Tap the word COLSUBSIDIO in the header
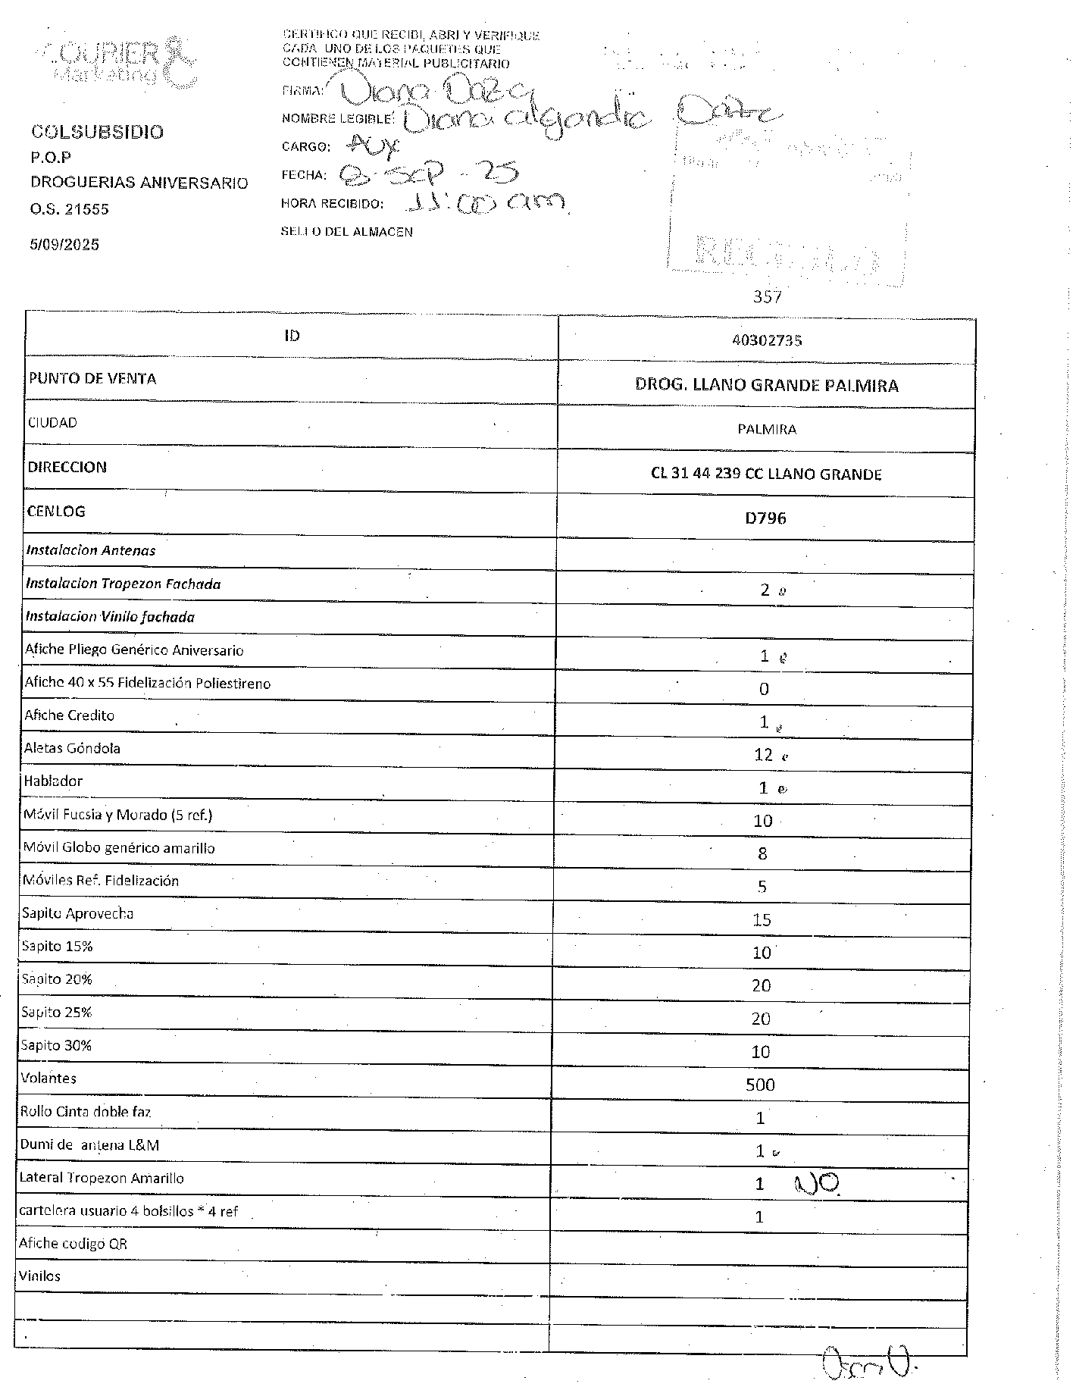[97, 132]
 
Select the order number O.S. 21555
[70, 210]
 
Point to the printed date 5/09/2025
[64, 245]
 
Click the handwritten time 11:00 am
[485, 202]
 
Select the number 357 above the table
[767, 297]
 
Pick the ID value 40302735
[767, 340]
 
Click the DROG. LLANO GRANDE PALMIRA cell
[767, 386]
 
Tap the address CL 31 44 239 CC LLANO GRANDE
[766, 474]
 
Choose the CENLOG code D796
[765, 518]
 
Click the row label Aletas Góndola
[72, 748]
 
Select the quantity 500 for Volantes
[760, 1085]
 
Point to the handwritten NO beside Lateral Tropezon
[815, 1182]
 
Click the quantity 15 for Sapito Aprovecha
[762, 920]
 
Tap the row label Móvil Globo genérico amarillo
[119, 848]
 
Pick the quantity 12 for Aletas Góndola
[763, 755]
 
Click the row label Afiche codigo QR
[73, 1244]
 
